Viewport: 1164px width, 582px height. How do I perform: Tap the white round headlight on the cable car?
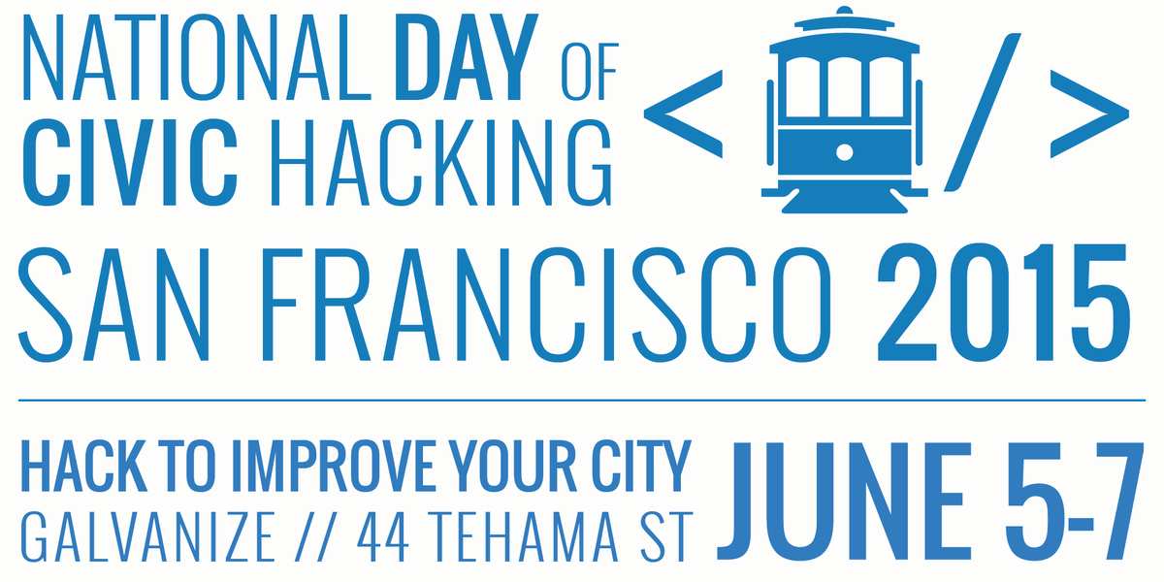click(844, 152)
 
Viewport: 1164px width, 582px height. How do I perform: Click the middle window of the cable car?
click(844, 87)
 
